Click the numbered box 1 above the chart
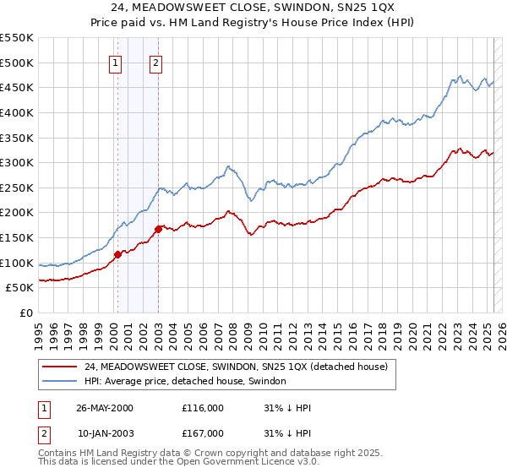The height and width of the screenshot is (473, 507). (115, 61)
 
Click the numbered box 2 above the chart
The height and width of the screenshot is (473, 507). (157, 61)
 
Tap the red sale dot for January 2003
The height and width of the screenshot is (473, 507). (158, 229)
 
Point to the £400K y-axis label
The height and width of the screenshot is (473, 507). (17, 112)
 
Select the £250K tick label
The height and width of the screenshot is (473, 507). (17, 188)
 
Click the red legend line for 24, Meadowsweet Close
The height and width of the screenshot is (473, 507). (60, 367)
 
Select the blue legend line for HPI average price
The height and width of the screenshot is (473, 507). (60, 382)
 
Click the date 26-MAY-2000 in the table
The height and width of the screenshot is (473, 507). (105, 408)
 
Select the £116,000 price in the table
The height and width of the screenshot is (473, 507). (202, 408)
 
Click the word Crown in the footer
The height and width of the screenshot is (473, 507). (222, 453)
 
